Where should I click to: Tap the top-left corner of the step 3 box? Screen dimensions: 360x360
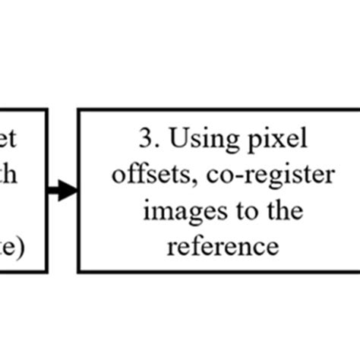pos(79,109)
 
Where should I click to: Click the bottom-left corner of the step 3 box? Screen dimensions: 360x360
pos(79,271)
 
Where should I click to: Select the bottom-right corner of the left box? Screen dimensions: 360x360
pos(47,271)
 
